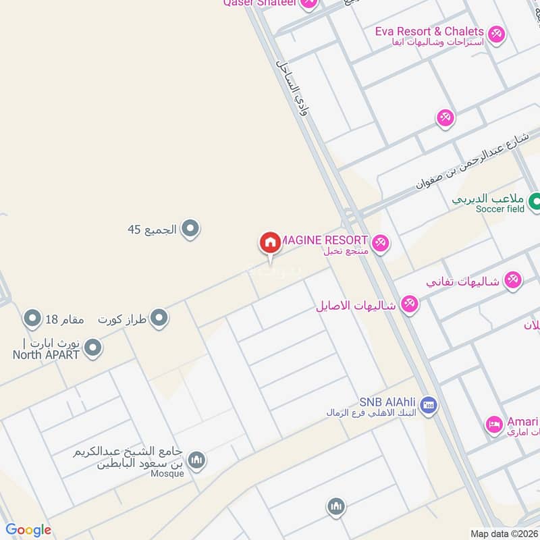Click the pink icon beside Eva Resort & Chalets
(x=496, y=34)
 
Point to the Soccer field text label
(x=500, y=209)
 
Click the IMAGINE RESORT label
(x=324, y=240)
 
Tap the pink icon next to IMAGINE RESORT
(x=381, y=243)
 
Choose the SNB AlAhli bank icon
(x=427, y=406)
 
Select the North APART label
(x=46, y=355)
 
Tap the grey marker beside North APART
(x=93, y=349)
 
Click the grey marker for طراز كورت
(x=159, y=318)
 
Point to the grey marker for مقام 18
(x=32, y=317)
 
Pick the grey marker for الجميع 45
(x=190, y=230)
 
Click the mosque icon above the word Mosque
(x=196, y=460)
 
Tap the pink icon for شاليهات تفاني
(x=513, y=280)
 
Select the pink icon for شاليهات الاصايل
(x=408, y=304)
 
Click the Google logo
(x=28, y=530)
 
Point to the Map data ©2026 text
(x=504, y=533)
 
